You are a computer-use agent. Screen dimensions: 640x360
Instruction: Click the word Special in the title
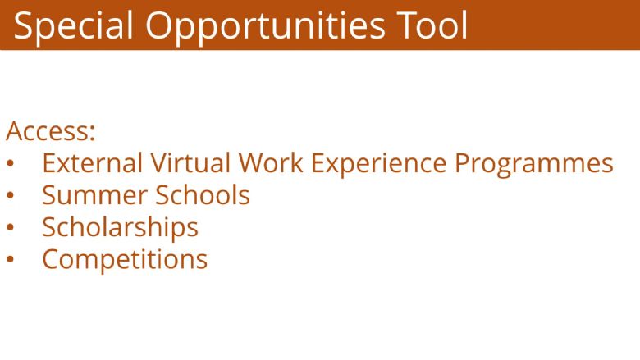tap(74, 25)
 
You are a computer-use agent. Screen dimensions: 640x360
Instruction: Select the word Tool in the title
tap(432, 25)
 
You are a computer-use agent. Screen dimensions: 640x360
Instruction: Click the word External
tap(92, 163)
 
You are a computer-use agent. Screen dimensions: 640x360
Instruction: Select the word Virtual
tap(190, 163)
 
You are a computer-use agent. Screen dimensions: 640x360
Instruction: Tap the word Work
tap(271, 163)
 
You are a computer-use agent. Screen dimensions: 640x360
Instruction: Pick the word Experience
tap(379, 165)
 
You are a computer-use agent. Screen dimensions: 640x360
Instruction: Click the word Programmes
tap(534, 165)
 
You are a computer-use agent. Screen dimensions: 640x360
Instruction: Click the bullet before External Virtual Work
tap(10, 163)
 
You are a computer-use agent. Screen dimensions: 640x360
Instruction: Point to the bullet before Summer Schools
tap(10, 195)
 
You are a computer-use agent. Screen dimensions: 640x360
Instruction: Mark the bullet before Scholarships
tap(10, 227)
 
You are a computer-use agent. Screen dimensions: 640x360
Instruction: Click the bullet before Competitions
tap(10, 259)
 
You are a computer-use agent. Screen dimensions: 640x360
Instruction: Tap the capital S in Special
tap(22, 25)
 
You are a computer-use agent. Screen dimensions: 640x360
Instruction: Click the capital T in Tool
tap(408, 25)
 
